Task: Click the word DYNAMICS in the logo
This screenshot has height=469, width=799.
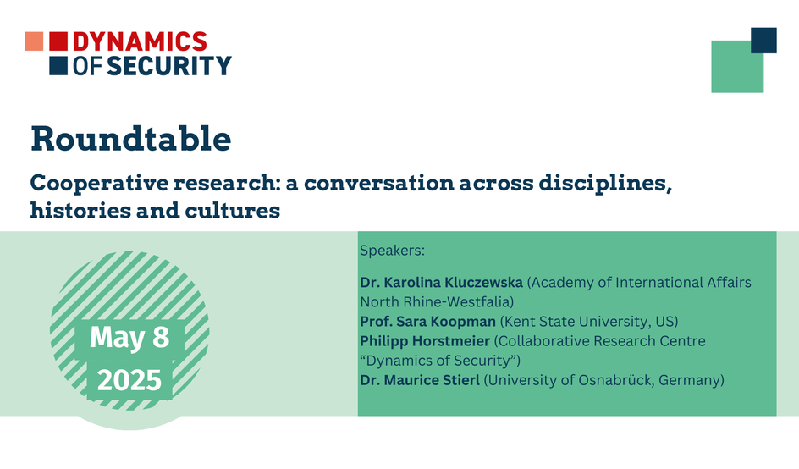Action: [141, 41]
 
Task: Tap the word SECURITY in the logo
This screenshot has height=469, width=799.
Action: [169, 66]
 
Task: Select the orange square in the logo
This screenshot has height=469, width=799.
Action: [34, 41]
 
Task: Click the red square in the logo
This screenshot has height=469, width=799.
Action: [58, 41]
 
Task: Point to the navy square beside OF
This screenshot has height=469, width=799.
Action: [58, 66]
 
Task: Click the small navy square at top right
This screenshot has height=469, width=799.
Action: [763, 41]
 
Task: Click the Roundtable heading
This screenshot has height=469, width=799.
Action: [131, 139]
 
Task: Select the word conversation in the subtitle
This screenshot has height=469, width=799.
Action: [379, 183]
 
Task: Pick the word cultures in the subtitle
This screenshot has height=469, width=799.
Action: [233, 210]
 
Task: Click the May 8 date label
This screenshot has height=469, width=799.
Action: [129, 338]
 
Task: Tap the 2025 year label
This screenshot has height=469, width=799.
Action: [129, 380]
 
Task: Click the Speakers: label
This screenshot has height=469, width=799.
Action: [393, 251]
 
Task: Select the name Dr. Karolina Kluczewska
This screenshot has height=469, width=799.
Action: [441, 283]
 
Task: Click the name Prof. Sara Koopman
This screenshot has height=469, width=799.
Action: [427, 322]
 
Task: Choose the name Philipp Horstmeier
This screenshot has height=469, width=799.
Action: [425, 341]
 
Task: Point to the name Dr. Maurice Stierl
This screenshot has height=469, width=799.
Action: [420, 380]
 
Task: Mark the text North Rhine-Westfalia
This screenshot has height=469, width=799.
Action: [435, 301]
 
